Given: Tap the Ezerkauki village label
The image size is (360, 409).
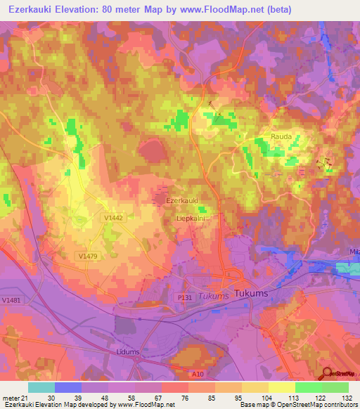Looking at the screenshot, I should click(x=181, y=201).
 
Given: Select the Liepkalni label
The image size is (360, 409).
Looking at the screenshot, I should click(x=189, y=219).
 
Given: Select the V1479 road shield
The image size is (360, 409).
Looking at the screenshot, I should click(x=87, y=258).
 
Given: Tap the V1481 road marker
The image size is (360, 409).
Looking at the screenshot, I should click(x=11, y=300).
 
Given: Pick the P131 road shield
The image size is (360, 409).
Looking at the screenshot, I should click(x=184, y=298).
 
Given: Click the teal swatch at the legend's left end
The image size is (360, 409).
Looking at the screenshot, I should click(x=41, y=387).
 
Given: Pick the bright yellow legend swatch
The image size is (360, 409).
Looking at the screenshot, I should click(x=281, y=387).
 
